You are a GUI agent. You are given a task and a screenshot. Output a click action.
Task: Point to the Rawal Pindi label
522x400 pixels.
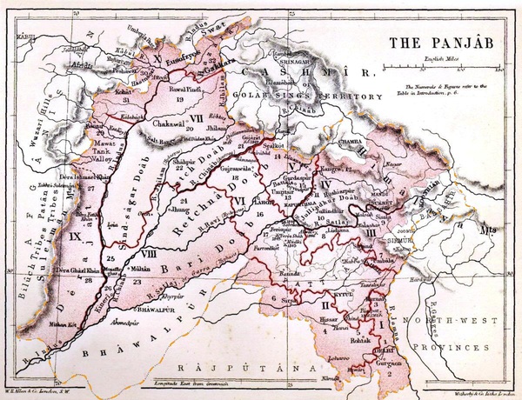point(176,90)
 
